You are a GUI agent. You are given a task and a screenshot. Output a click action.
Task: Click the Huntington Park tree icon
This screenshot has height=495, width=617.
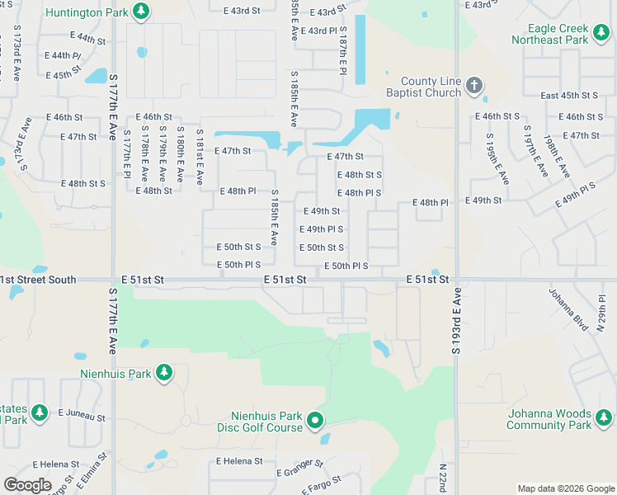(142, 11)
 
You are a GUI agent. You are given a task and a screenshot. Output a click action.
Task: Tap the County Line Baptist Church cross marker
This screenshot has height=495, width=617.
(473, 85)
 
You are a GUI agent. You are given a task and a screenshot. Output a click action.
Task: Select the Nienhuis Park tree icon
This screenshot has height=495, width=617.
(163, 373)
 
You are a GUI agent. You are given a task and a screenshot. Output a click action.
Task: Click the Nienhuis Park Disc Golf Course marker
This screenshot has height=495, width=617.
(314, 422)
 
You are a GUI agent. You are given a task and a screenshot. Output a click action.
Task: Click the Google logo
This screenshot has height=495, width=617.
(27, 484)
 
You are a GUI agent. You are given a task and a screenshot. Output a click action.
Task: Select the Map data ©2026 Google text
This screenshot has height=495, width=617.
(565, 488)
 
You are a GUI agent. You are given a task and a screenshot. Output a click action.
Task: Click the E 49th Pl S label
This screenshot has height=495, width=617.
(321, 229)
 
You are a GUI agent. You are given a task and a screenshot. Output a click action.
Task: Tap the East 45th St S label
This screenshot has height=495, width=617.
(569, 96)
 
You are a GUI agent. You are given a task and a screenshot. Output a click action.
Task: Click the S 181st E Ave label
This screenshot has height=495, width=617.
(199, 156)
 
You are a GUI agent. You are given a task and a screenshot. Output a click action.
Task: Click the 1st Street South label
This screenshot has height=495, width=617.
(38, 280)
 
